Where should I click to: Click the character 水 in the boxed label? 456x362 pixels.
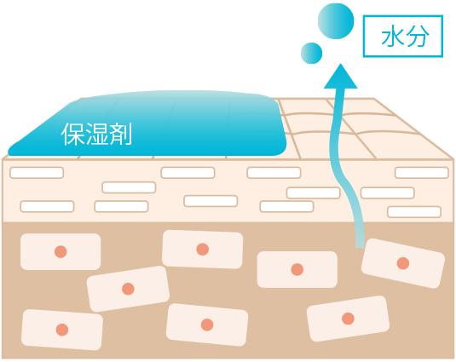[392, 37]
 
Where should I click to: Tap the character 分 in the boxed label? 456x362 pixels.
[418, 37]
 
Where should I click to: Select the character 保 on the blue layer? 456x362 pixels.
[72, 134]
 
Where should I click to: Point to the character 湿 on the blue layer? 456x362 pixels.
[96, 134]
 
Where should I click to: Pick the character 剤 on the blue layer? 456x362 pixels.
[120, 134]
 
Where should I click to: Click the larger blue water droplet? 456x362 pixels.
[336, 21]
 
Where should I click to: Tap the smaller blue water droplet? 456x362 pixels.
[311, 53]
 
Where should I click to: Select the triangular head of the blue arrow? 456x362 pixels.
[341, 76]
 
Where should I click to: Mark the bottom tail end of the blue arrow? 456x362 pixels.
[360, 246]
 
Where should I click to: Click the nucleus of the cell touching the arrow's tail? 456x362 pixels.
[403, 263]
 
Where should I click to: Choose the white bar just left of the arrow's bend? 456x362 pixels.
[313, 192]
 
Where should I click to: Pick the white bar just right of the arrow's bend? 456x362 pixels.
[387, 192]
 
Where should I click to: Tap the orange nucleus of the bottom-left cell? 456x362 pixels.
[62, 330]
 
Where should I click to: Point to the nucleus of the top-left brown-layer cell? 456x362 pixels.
[61, 251]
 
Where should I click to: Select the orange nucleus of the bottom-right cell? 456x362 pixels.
[348, 319]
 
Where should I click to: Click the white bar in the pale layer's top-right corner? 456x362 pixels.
[422, 173]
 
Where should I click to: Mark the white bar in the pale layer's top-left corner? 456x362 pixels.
[37, 173]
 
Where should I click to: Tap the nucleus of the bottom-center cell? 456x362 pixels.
[207, 325]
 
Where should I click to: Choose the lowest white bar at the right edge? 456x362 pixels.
[414, 212]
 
